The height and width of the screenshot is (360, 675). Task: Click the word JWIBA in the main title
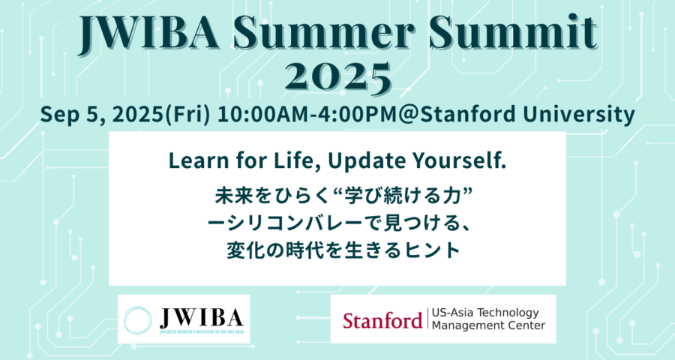pyautogui.click(x=148, y=32)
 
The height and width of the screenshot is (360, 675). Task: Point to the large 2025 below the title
pyautogui.click(x=338, y=78)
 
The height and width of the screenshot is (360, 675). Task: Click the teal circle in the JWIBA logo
pyautogui.click(x=138, y=320)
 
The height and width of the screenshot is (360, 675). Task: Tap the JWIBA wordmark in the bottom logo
pyautogui.click(x=202, y=318)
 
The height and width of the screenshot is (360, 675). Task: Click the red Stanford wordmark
pyautogui.click(x=382, y=321)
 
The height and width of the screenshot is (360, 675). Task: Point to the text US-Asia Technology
pyautogui.click(x=485, y=313)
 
